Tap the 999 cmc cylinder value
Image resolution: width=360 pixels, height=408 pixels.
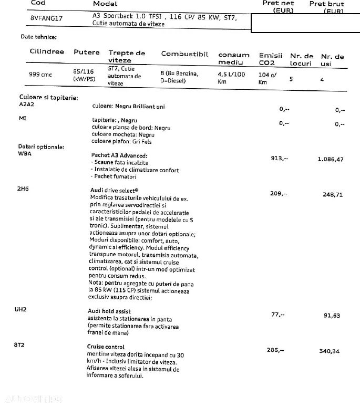point(40,75)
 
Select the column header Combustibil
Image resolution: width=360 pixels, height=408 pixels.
point(184,54)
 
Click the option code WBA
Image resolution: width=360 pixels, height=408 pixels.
point(25,154)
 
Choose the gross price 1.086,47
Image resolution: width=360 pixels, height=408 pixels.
point(331,159)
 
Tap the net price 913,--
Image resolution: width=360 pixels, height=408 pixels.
point(279,158)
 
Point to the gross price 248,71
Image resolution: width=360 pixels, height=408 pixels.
point(333,194)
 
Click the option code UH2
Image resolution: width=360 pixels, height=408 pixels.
point(20,310)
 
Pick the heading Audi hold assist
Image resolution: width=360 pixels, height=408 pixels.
point(109,311)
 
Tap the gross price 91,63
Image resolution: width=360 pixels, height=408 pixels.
point(332,316)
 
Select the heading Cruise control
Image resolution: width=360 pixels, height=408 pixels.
point(106,347)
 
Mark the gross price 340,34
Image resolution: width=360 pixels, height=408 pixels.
point(330,351)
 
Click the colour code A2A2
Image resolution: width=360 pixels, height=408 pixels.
point(27,104)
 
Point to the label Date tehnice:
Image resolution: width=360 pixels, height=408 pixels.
point(38,37)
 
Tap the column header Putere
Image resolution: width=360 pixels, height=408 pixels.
point(86,52)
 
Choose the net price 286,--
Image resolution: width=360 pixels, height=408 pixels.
point(276,350)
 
